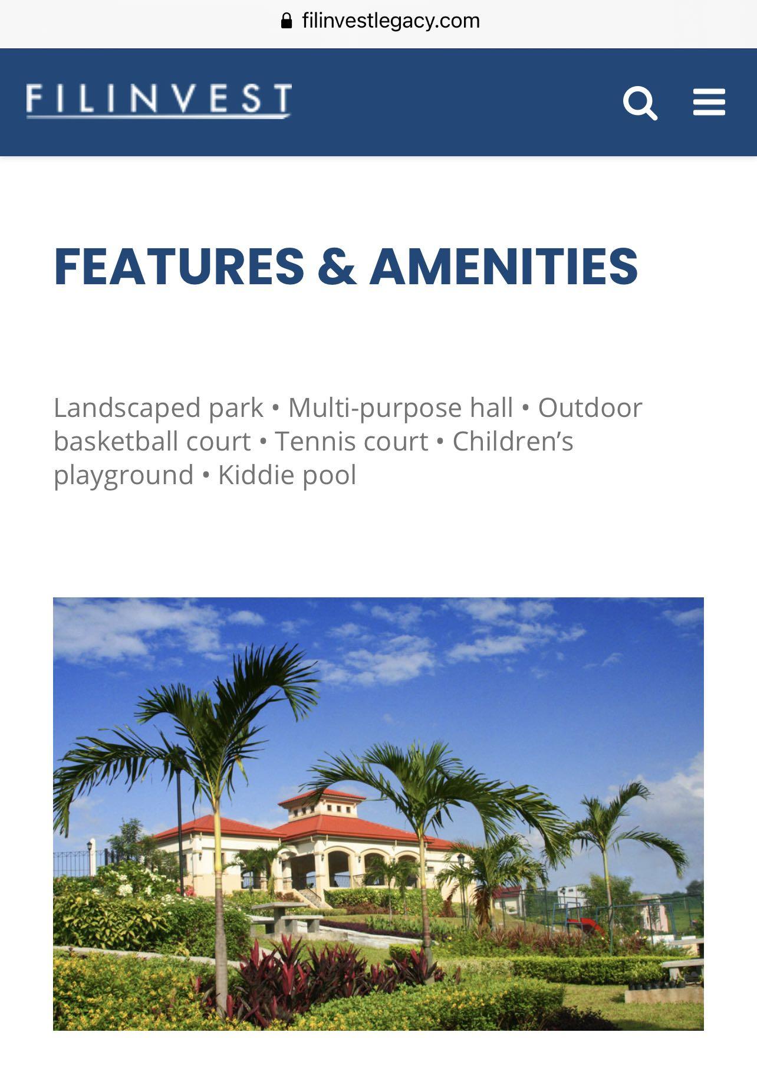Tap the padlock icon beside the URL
287,21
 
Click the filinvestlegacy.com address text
391,21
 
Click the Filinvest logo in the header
159,101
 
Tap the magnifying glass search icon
640,103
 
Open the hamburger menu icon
709,102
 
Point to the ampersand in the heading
337,267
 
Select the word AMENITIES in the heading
504,267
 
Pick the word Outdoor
590,408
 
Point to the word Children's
512,442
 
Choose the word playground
123,475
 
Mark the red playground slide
591,925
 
